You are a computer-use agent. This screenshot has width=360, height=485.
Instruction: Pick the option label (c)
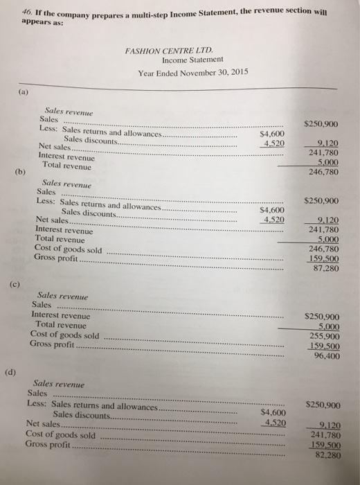[15, 284]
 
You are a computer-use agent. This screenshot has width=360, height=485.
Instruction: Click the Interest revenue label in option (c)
[61, 315]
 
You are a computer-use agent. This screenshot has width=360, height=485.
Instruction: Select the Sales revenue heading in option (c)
[61, 294]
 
